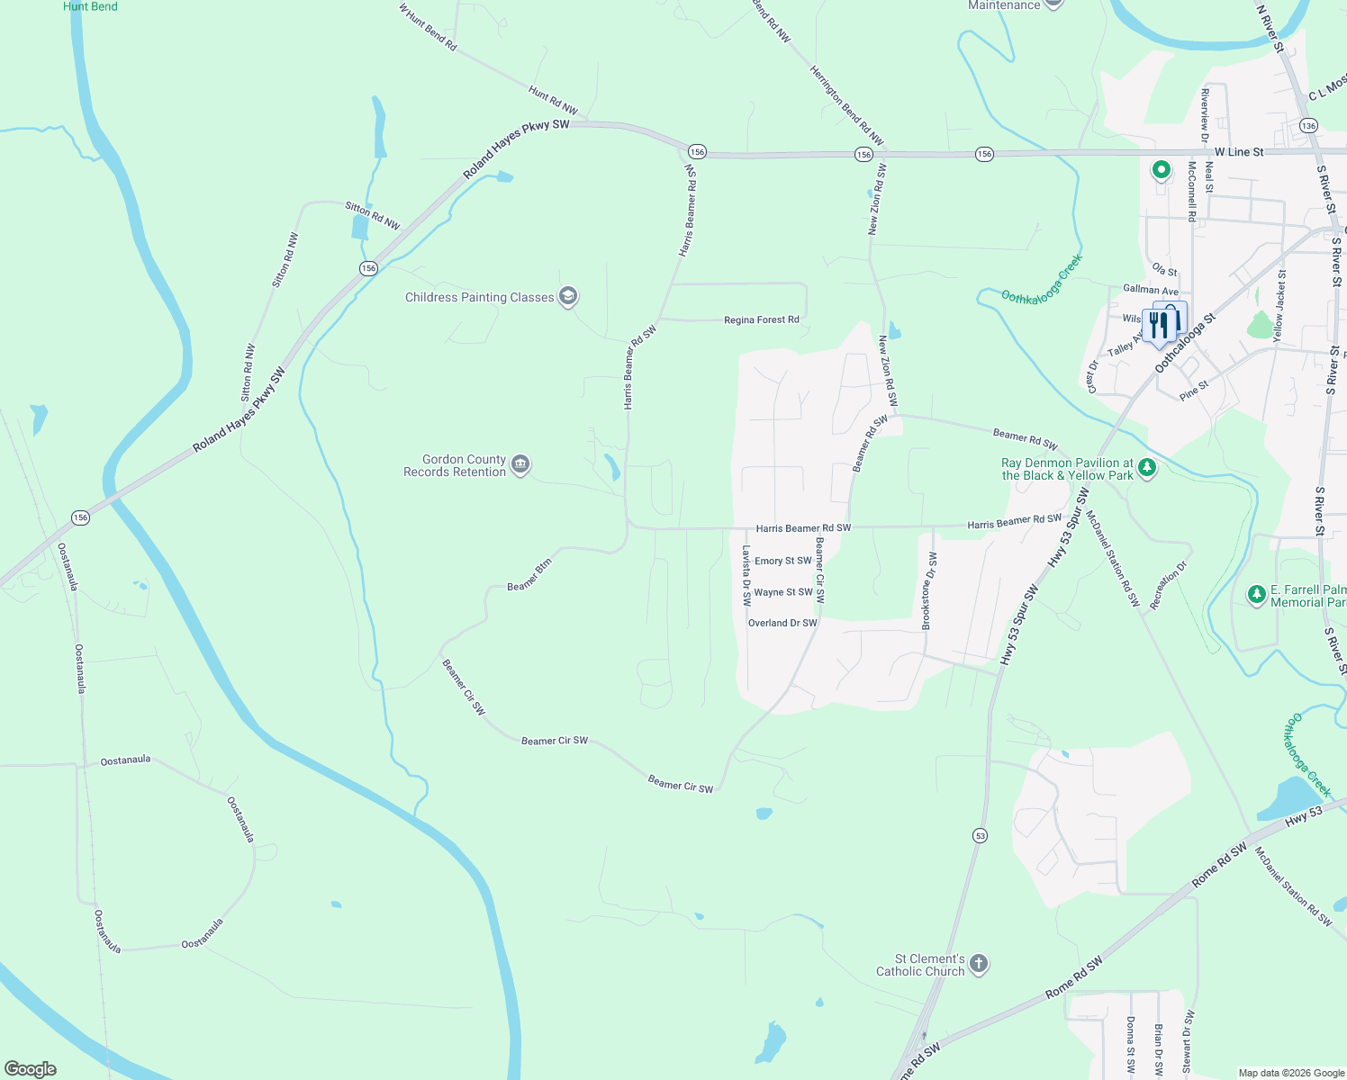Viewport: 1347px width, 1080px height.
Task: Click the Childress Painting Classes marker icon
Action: pyautogui.click(x=567, y=296)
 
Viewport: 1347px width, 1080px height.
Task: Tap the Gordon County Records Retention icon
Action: pyautogui.click(x=520, y=464)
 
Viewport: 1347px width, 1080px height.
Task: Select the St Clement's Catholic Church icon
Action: pyautogui.click(x=979, y=964)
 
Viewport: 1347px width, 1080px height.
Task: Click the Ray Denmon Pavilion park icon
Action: pyautogui.click(x=1147, y=468)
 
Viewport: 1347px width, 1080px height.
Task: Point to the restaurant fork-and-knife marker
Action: pyautogui.click(x=1159, y=325)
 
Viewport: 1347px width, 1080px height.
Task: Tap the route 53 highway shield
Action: pyautogui.click(x=980, y=835)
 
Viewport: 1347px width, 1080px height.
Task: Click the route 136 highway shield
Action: pyautogui.click(x=1308, y=126)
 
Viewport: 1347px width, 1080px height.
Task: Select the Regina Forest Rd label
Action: pyautogui.click(x=762, y=319)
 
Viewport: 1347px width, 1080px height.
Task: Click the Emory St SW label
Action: pyautogui.click(x=783, y=561)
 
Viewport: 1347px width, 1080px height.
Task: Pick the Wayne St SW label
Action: pyautogui.click(x=783, y=592)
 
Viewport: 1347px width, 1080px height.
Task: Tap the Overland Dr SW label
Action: pyautogui.click(x=782, y=623)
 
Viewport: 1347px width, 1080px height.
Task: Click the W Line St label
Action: pyautogui.click(x=1239, y=152)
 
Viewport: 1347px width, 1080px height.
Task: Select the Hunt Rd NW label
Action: pyautogui.click(x=553, y=100)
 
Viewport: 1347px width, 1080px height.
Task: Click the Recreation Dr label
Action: pyautogui.click(x=1169, y=585)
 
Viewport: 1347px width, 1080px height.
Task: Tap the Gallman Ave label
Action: pyautogui.click(x=1151, y=290)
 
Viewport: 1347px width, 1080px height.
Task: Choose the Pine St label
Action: pyautogui.click(x=1194, y=391)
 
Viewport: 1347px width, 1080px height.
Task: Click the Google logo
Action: pyautogui.click(x=31, y=1069)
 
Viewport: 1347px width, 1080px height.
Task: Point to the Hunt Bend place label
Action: pyautogui.click(x=90, y=6)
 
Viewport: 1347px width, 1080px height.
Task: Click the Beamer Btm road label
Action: pyautogui.click(x=529, y=575)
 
